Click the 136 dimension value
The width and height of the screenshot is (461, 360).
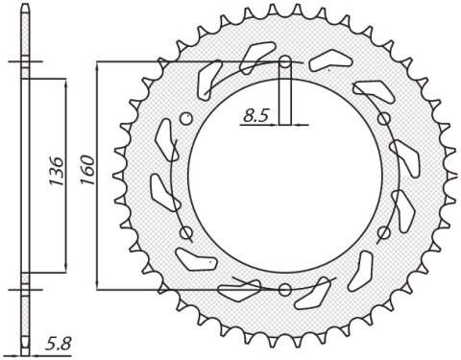click(54, 174)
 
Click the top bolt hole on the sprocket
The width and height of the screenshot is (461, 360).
click(285, 64)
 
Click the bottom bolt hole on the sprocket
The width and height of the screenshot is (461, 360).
click(285, 289)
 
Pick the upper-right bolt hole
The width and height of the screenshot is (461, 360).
click(383, 120)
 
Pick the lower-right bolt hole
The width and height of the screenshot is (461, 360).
click(383, 232)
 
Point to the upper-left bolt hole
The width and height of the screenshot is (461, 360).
click(187, 120)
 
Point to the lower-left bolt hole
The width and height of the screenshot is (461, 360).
click(187, 232)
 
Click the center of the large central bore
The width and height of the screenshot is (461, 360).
click(285, 177)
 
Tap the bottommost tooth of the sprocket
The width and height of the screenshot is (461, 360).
click(285, 344)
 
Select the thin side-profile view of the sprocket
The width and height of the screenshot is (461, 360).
click(25, 177)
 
